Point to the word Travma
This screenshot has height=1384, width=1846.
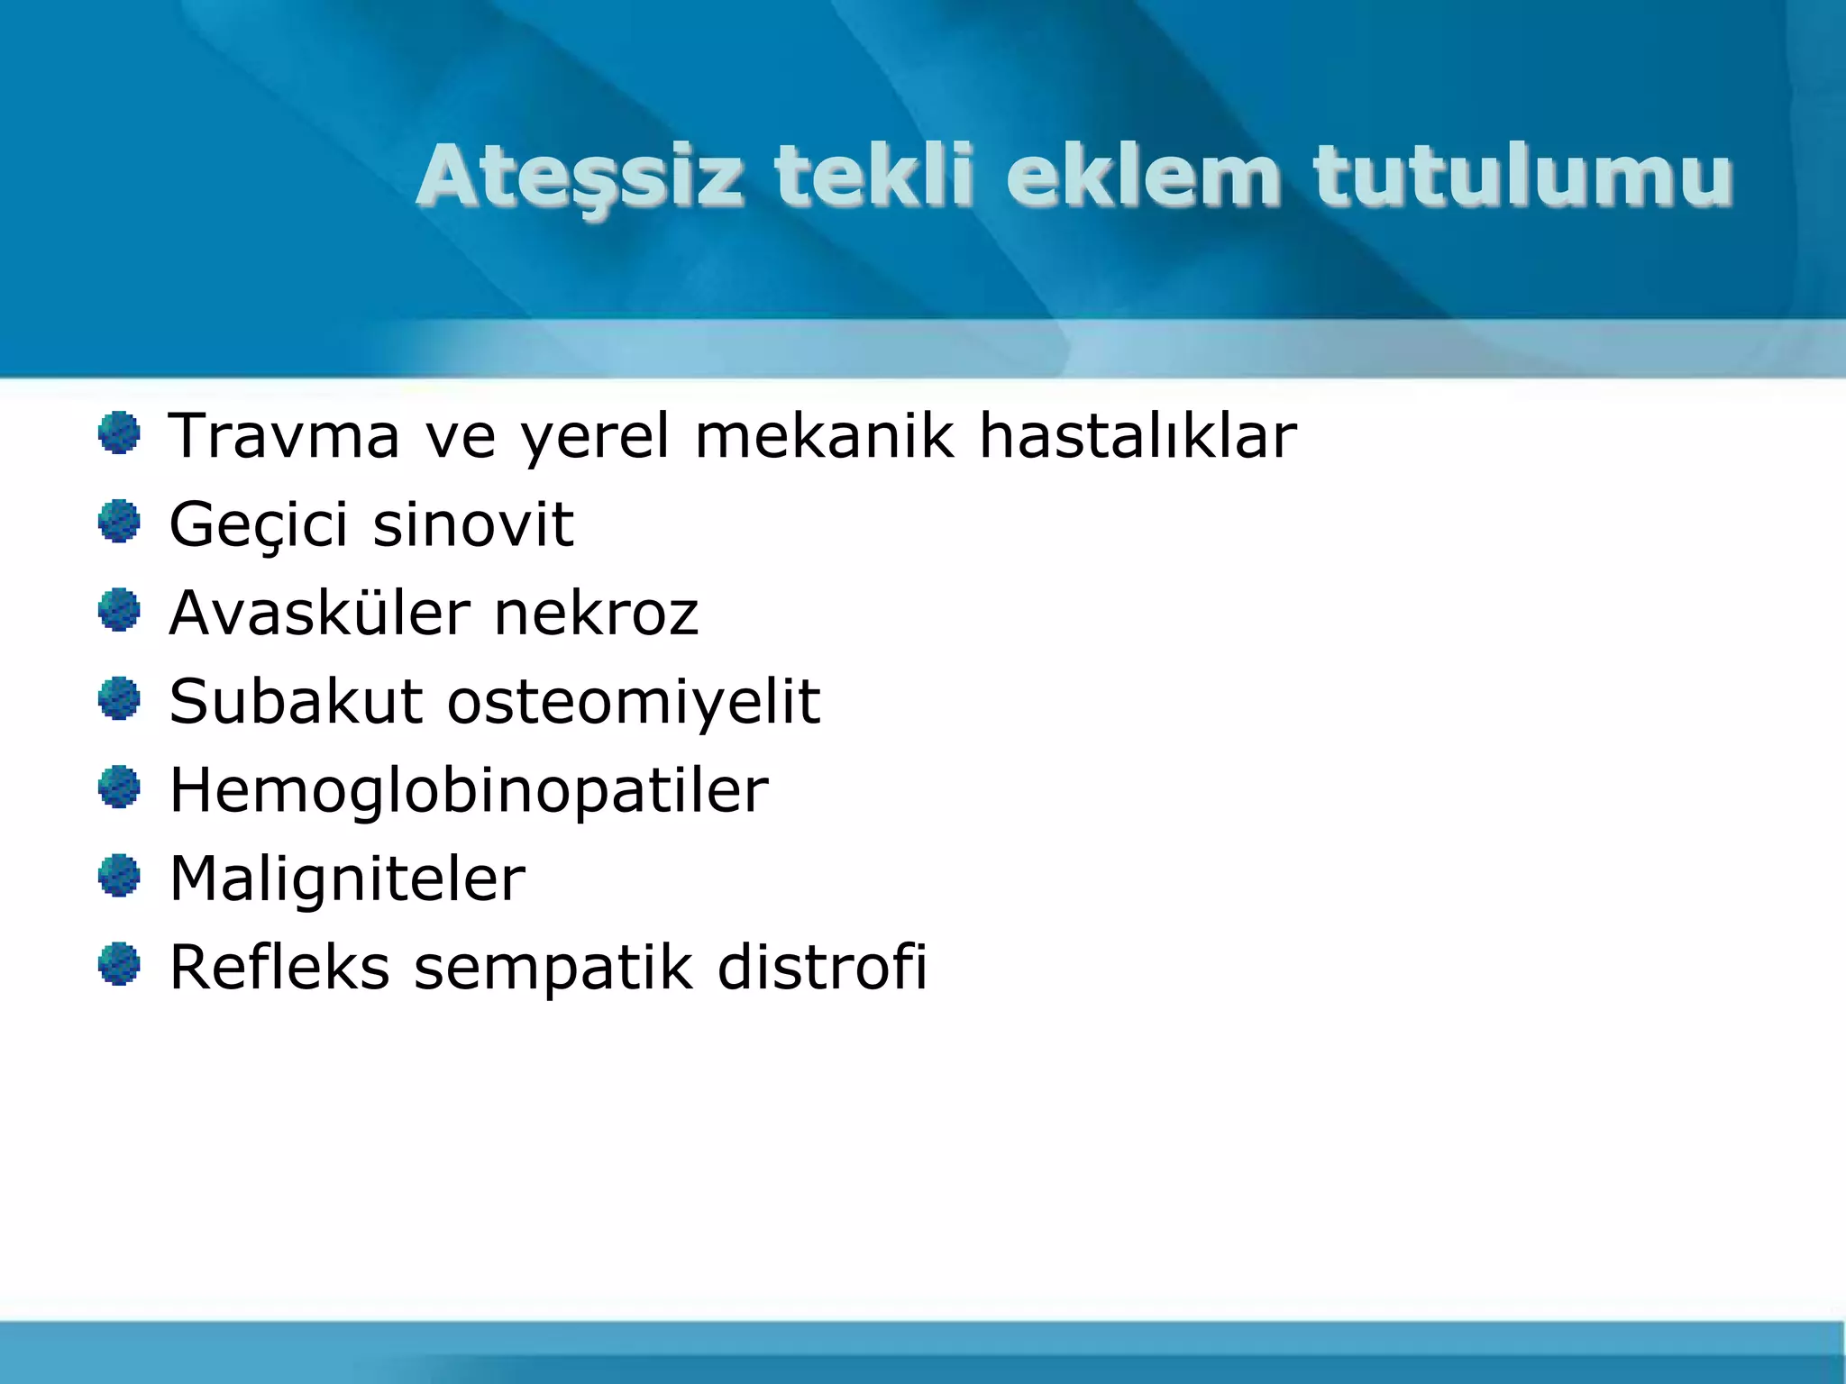click(284, 436)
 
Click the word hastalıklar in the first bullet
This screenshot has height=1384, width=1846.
click(1138, 436)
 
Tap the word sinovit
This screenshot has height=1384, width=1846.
click(472, 524)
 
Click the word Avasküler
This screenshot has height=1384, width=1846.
click(319, 613)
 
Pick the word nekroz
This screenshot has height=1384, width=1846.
click(596, 613)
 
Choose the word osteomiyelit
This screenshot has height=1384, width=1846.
click(634, 702)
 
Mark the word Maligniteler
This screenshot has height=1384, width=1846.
click(347, 879)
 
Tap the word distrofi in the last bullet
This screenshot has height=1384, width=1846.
click(821, 967)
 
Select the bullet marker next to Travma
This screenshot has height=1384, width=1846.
click(119, 433)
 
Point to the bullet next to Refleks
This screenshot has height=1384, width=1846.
click(119, 965)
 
